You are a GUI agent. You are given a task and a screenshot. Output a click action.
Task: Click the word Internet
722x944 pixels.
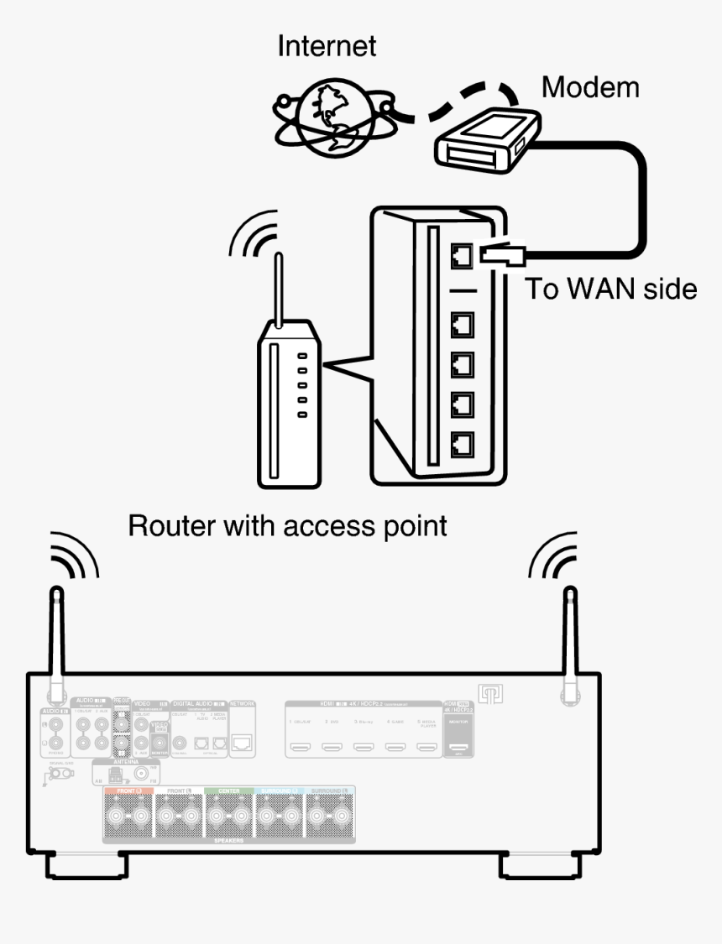pos(327,46)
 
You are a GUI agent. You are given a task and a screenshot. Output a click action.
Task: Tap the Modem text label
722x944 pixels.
pos(589,86)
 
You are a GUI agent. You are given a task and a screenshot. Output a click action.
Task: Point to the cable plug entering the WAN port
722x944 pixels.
pos(502,253)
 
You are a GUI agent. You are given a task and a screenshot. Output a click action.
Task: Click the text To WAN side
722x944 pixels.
pos(610,289)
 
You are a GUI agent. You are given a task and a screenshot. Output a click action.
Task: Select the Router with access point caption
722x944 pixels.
pos(287,526)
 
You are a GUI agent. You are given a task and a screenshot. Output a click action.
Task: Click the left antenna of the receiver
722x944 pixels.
pos(56,642)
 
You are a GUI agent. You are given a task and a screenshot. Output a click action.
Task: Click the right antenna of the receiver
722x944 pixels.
pos(571,642)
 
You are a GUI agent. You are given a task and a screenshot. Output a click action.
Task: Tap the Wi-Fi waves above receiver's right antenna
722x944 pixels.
pos(552,557)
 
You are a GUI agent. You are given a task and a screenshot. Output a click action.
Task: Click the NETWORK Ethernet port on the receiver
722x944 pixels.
pos(242,742)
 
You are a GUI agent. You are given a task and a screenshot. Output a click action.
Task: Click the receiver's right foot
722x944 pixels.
pos(537,865)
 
